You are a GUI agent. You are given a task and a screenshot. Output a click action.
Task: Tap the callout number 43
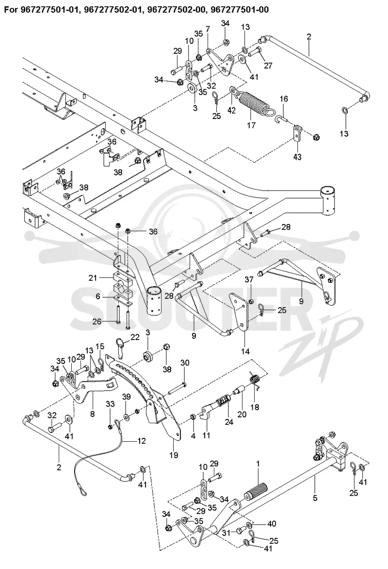coord(298,157)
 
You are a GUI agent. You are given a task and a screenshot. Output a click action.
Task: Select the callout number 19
coord(174,454)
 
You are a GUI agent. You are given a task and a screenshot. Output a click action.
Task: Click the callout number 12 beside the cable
coord(141,441)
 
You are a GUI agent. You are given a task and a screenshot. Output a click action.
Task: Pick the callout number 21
coord(92,278)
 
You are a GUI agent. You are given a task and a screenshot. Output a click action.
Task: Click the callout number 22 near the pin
coord(135,338)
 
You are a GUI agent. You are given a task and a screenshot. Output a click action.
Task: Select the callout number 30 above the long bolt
coord(185,363)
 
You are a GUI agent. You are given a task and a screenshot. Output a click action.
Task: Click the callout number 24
coord(229,422)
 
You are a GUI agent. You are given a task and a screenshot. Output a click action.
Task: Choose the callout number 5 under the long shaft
coord(315,498)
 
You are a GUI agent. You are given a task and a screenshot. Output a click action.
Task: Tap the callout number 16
coord(284,99)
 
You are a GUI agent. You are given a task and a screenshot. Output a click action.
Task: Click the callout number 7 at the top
coord(208,29)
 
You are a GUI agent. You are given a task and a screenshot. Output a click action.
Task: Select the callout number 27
coord(268,65)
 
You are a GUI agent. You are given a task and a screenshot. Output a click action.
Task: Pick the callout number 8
coord(92,414)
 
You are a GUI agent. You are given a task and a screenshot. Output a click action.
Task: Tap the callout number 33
coord(110,403)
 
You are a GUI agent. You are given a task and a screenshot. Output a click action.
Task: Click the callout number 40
coord(271,524)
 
